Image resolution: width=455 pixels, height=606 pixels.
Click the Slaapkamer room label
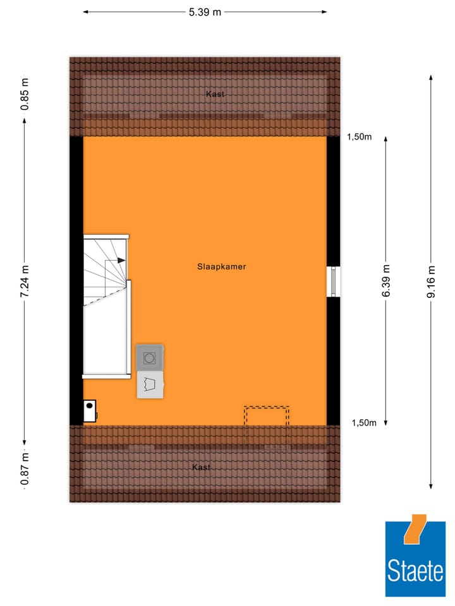pos(221,267)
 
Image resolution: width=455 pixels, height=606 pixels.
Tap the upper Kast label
pos(215,94)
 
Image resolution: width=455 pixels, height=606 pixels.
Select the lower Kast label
pos(201,467)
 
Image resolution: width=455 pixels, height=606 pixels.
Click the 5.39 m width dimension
pos(205,12)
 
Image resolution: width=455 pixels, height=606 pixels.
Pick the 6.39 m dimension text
pos(386,282)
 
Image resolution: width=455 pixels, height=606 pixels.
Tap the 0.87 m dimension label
pos(25,469)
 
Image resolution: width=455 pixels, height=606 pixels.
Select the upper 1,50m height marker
pos(359,137)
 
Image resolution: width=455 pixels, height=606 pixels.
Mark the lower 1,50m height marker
pos(364,423)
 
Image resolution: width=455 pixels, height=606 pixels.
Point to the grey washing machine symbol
pos(150,358)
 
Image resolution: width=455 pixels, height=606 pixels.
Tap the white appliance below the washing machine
pos(150,384)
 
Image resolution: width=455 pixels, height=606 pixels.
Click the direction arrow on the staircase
pos(119,259)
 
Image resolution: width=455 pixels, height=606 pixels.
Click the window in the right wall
pos(334,282)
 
